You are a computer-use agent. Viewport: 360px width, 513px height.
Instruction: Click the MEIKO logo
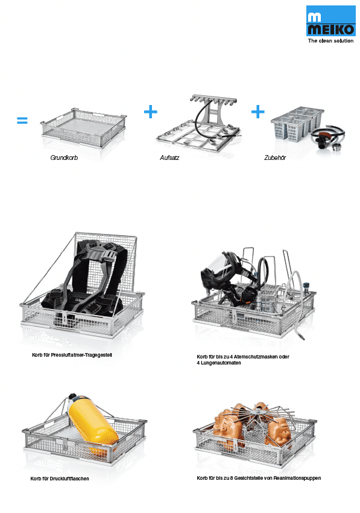(x=330, y=21)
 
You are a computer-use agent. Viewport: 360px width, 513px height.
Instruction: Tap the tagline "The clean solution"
(x=330, y=41)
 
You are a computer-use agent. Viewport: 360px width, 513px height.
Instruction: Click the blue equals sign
(x=22, y=121)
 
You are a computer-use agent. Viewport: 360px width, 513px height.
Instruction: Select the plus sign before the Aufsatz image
(x=150, y=112)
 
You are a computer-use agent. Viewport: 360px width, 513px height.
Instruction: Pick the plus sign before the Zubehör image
(x=257, y=112)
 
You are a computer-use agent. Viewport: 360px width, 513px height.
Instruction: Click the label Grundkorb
(x=64, y=158)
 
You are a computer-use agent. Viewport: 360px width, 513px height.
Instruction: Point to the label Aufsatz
(x=169, y=158)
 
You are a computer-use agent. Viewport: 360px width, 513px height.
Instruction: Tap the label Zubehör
(x=275, y=158)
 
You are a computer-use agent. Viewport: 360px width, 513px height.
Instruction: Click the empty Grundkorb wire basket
(x=84, y=127)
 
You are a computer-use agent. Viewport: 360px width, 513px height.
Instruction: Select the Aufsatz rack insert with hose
(x=198, y=124)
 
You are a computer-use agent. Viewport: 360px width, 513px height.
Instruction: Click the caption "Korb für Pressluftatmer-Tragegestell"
(x=72, y=355)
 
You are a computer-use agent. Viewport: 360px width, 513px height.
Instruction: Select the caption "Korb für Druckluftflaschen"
(x=60, y=479)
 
